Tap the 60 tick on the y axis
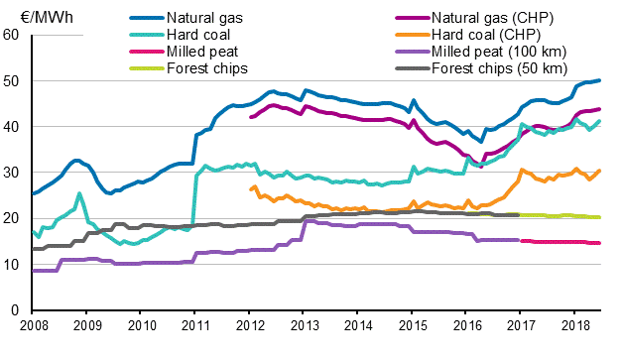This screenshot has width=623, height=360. point(12,35)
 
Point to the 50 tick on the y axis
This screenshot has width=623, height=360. point(12,80)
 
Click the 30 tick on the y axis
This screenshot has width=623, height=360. point(12,173)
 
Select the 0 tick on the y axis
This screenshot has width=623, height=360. point(16,310)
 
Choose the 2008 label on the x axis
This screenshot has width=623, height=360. point(33,325)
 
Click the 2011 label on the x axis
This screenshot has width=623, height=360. point(194,325)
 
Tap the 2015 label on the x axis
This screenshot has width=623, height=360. point(411,325)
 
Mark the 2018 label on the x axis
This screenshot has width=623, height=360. point(572,325)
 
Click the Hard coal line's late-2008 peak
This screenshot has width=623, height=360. point(79,193)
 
